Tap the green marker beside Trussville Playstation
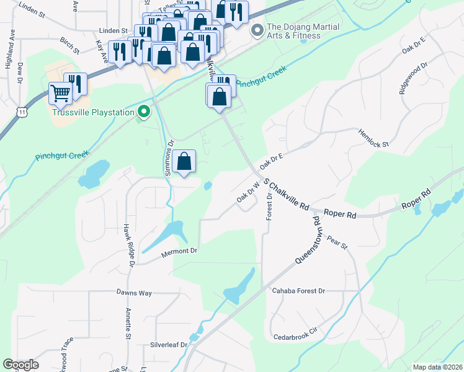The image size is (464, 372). click(x=144, y=112)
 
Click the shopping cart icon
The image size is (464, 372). click(x=60, y=94)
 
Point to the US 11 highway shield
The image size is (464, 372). click(x=22, y=111)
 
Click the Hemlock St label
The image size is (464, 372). click(x=373, y=138)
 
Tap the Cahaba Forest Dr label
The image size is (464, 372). click(x=298, y=290)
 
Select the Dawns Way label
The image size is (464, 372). click(x=133, y=291)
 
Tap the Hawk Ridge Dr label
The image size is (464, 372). click(x=129, y=246)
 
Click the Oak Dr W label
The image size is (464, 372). click(x=248, y=190)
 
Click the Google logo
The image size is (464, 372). click(x=20, y=365)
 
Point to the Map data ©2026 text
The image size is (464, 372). click(x=437, y=367)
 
